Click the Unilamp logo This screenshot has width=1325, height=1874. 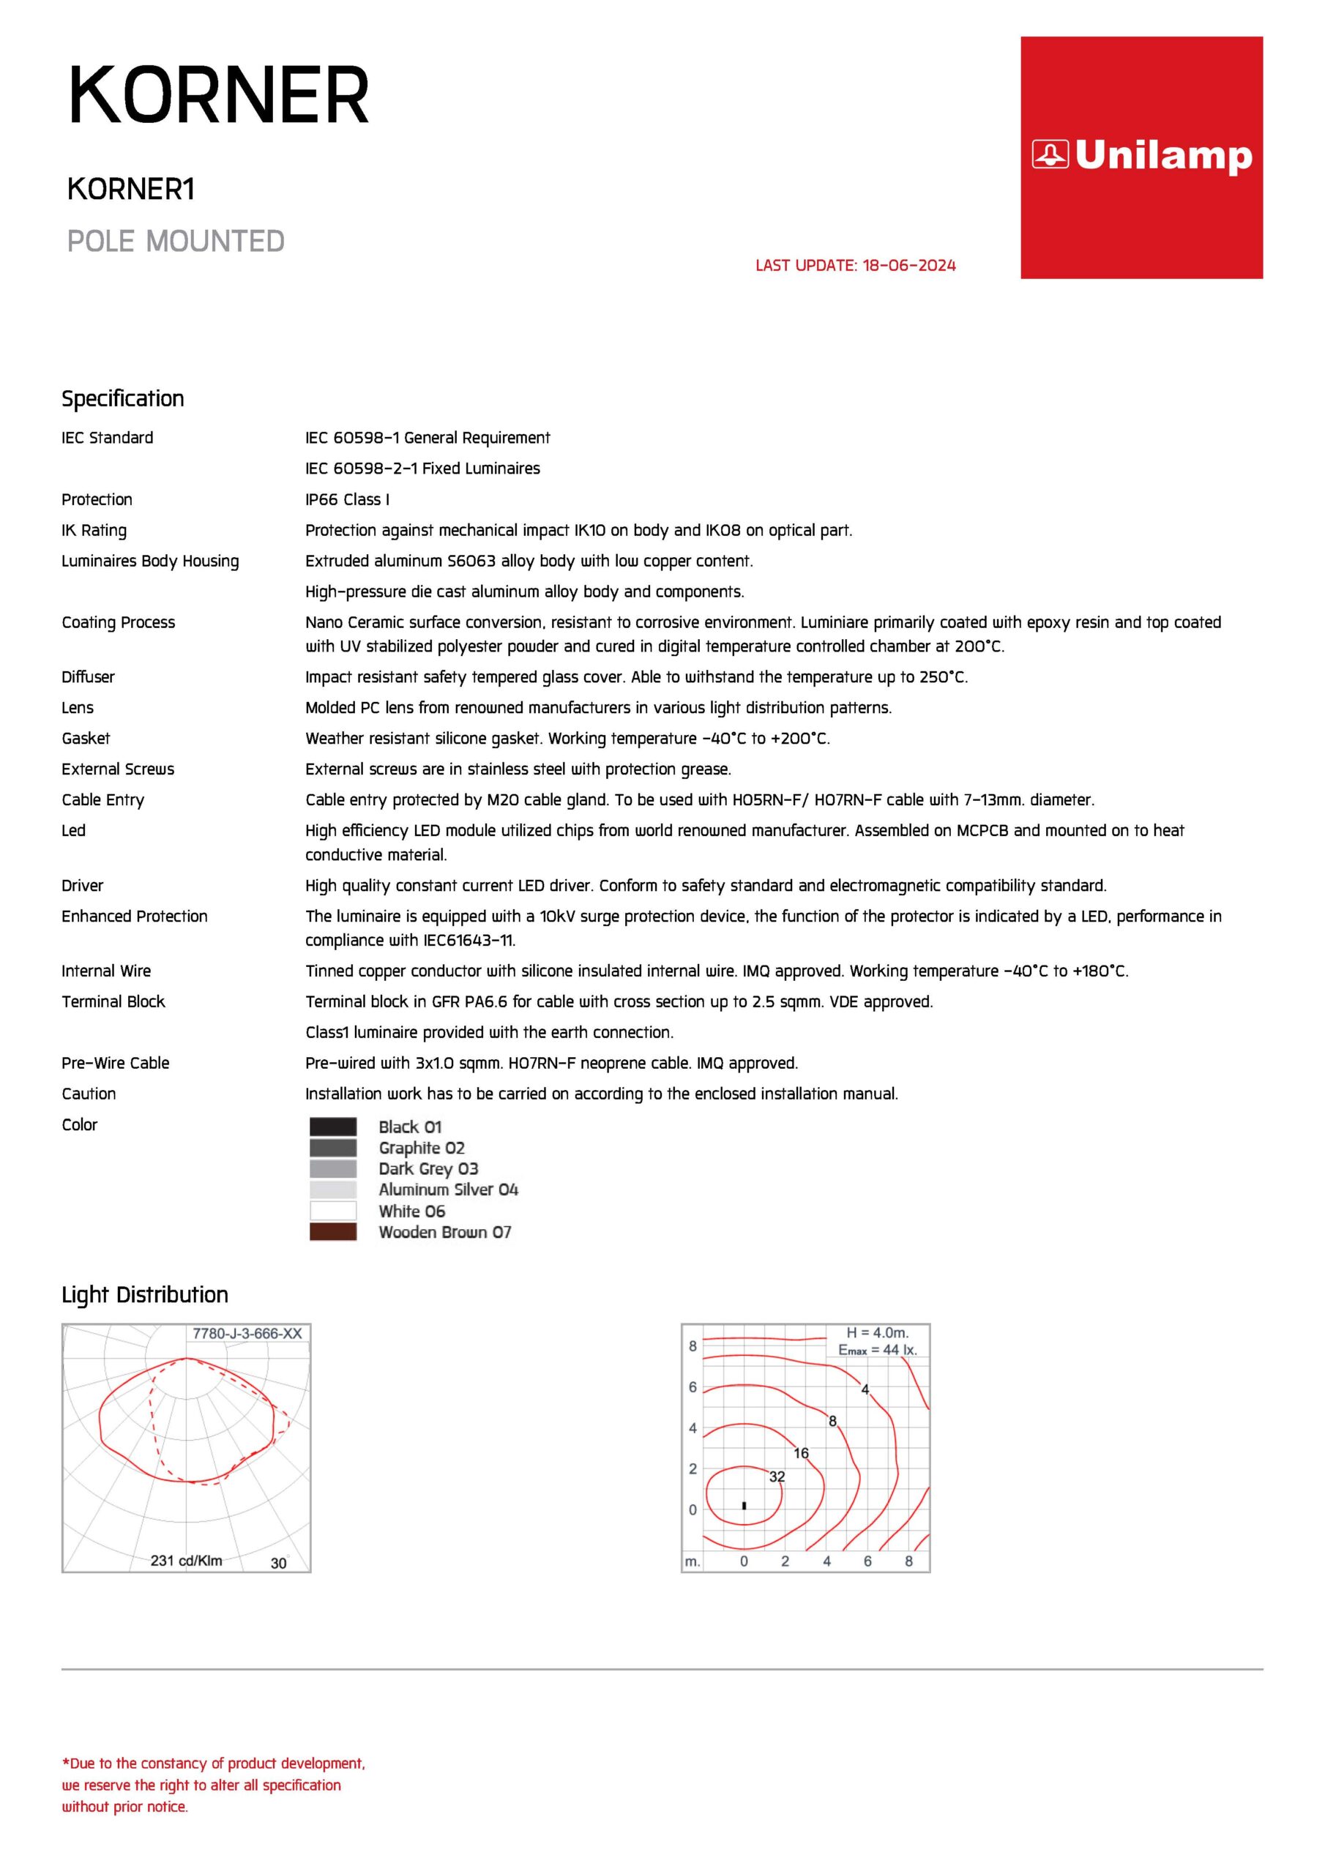click(1141, 156)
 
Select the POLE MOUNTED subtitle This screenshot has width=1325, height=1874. click(176, 242)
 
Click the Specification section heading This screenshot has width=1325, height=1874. click(123, 399)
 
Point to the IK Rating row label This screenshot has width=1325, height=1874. click(94, 531)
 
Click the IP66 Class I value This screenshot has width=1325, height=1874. click(347, 499)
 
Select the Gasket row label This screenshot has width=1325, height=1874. click(86, 739)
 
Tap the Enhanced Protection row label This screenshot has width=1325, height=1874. click(135, 917)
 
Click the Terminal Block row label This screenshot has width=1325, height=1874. click(113, 1002)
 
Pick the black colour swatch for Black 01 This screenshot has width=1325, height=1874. click(333, 1127)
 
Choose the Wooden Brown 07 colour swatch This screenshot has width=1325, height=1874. click(333, 1233)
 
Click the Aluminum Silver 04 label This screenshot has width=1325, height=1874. click(448, 1190)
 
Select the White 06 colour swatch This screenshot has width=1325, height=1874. click(333, 1212)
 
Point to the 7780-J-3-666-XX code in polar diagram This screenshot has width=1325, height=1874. click(247, 1334)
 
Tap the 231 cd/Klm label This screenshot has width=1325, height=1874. click(186, 1561)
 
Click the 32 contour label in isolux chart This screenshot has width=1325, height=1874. click(777, 1477)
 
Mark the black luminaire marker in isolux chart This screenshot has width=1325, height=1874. click(744, 1505)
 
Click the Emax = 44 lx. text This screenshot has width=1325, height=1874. click(878, 1350)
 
